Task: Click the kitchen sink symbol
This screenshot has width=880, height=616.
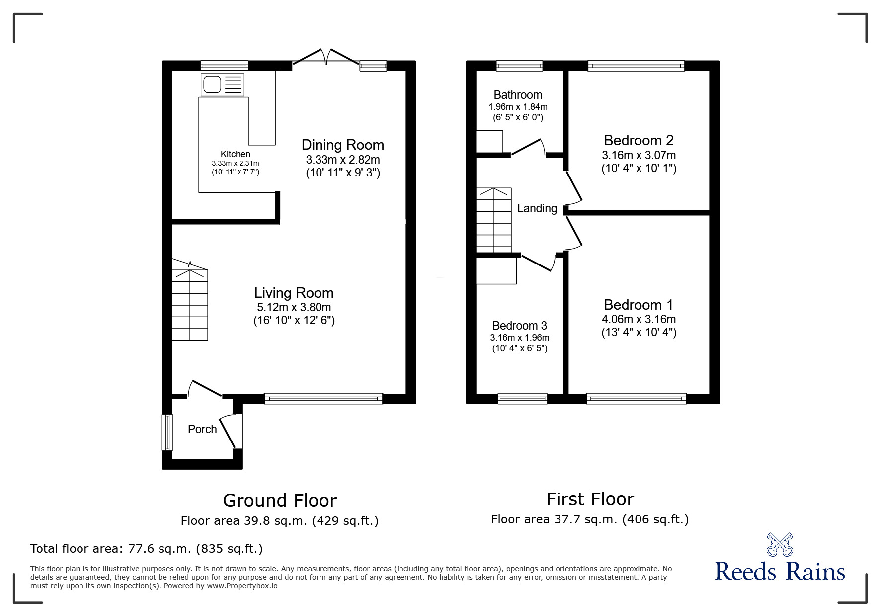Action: click(223, 85)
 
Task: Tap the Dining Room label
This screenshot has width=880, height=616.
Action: click(343, 145)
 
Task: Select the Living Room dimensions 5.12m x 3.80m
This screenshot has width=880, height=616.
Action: click(294, 307)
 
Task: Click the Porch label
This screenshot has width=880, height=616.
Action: click(202, 429)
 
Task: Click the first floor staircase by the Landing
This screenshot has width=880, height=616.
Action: click(493, 220)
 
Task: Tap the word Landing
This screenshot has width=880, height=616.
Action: click(537, 208)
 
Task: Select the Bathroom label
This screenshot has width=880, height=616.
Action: click(518, 95)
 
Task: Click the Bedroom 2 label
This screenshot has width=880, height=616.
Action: click(639, 140)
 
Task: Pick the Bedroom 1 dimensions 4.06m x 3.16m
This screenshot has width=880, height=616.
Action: click(639, 319)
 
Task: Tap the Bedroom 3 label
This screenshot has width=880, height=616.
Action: click(519, 326)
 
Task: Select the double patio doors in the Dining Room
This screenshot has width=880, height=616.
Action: click(326, 56)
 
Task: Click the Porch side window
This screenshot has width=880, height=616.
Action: click(167, 432)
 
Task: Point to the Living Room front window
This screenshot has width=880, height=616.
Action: click(323, 398)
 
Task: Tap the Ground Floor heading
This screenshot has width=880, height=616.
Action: click(280, 500)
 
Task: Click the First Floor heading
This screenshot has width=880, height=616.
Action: click(590, 499)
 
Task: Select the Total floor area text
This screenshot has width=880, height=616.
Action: click(147, 549)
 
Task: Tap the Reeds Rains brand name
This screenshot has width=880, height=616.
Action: click(780, 572)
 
